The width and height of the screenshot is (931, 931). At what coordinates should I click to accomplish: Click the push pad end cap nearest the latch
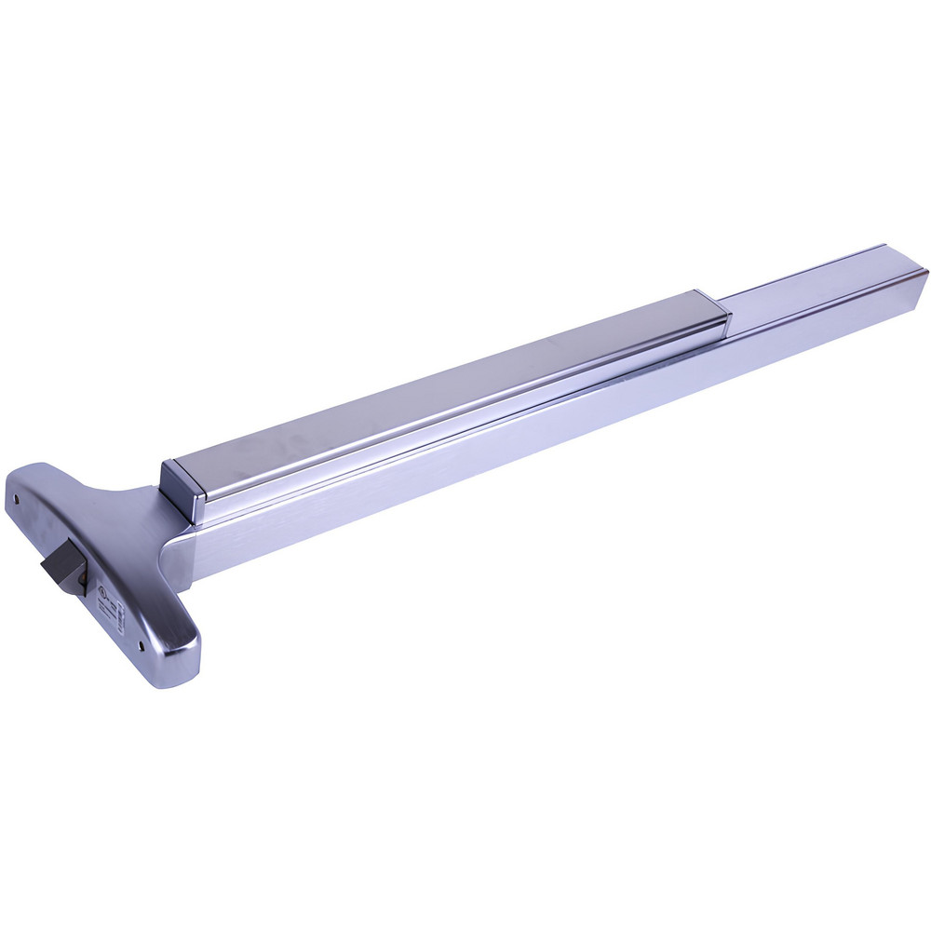coord(183,490)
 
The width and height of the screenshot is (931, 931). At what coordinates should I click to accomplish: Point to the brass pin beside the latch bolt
coord(82,586)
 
